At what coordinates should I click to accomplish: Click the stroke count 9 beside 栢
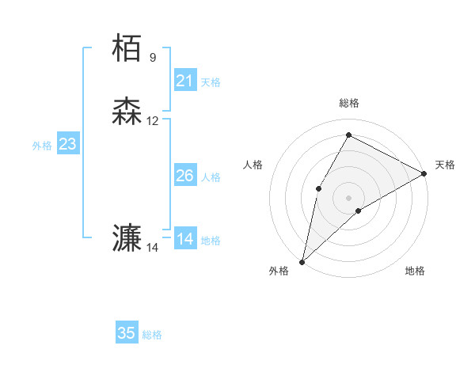click(153, 57)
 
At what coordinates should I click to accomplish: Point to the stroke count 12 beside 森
click(153, 121)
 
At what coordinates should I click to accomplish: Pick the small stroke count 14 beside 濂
click(153, 248)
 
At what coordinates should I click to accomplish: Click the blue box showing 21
click(184, 80)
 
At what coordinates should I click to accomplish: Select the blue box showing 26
click(184, 176)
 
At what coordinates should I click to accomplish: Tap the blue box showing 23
click(68, 144)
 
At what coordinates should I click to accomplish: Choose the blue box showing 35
click(127, 333)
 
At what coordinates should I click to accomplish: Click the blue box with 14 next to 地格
click(184, 239)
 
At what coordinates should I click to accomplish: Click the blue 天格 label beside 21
click(211, 82)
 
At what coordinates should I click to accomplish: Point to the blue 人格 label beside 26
click(211, 177)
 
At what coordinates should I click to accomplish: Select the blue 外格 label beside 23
click(42, 146)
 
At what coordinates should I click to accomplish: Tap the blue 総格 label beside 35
click(152, 335)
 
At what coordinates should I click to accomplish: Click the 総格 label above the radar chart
click(349, 103)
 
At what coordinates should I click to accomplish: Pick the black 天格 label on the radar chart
click(445, 165)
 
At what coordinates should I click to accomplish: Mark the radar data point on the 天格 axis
click(424, 174)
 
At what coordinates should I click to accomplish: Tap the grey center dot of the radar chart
click(348, 197)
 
